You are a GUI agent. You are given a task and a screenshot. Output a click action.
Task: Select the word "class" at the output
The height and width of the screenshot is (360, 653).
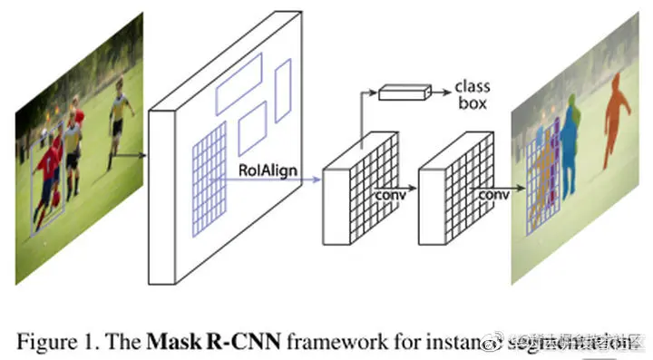pyautogui.click(x=472, y=87)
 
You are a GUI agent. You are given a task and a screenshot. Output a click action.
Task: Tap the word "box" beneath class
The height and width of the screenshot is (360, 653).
pyautogui.click(x=472, y=103)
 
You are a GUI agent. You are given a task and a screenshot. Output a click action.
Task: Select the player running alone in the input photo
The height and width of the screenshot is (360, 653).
pyautogui.click(x=119, y=122)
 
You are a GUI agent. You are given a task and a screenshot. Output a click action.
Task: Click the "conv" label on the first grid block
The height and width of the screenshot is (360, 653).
pyautogui.click(x=390, y=193)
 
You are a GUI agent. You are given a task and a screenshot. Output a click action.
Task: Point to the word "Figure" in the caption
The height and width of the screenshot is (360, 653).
pyautogui.click(x=47, y=342)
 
